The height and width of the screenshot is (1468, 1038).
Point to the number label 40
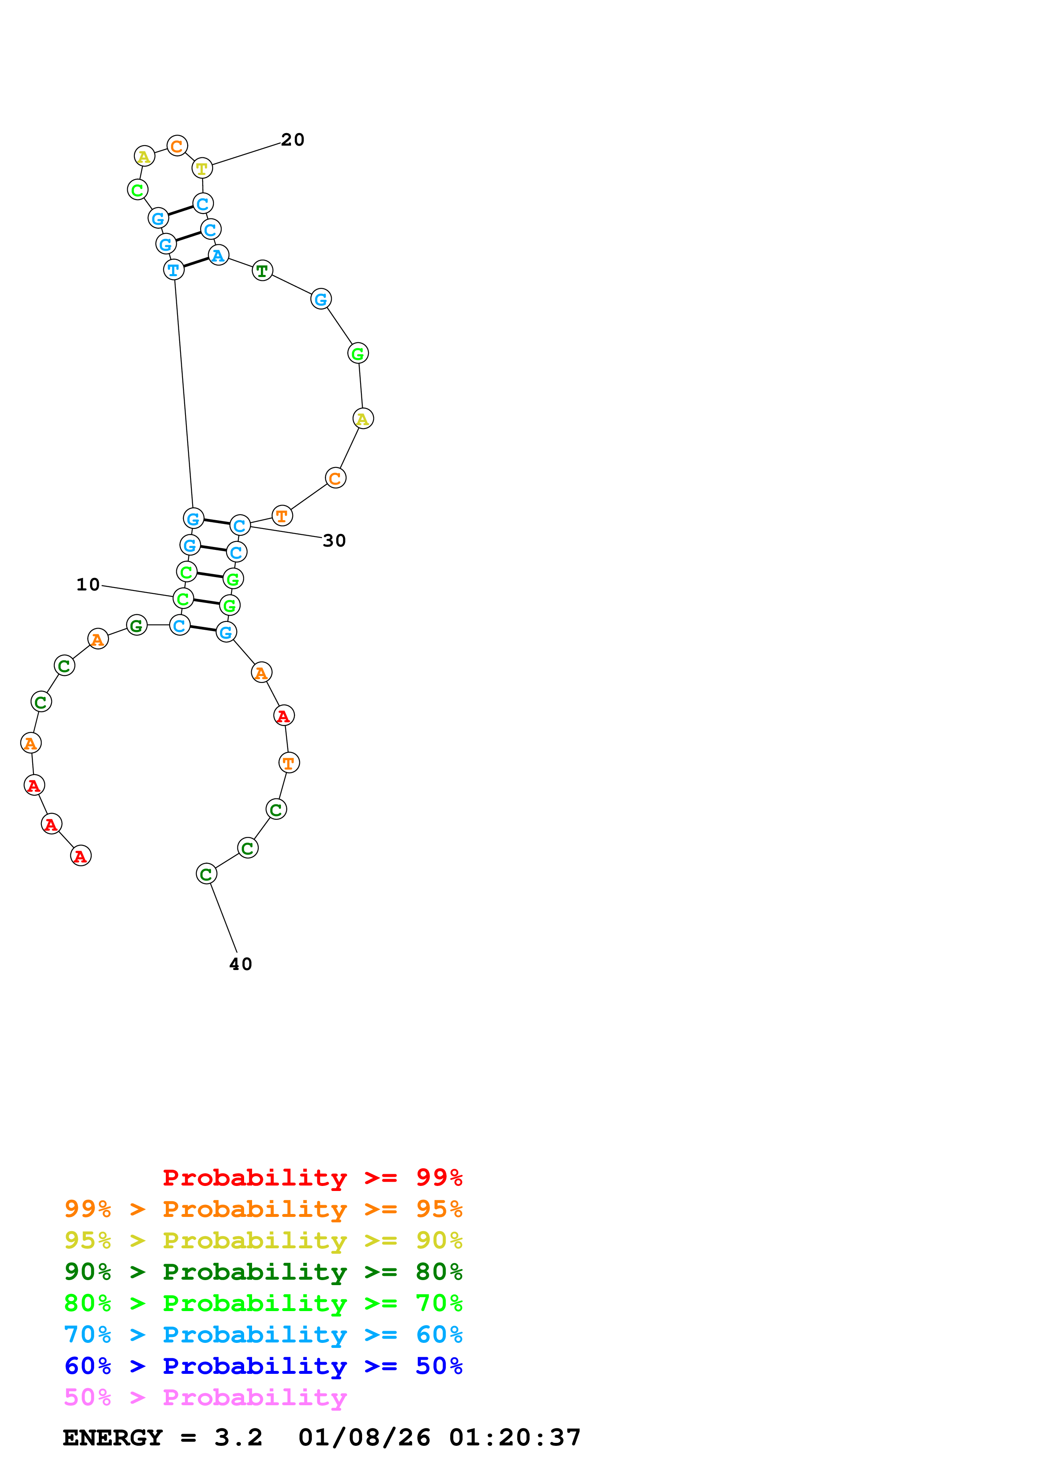(240, 964)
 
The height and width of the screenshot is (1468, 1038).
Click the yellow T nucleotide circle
(202, 168)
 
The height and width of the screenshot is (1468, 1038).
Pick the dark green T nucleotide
(262, 270)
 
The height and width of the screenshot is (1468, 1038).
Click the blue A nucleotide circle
(218, 255)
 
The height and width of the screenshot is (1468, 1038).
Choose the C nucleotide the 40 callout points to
(206, 873)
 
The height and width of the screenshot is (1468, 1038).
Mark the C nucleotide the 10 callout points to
(183, 598)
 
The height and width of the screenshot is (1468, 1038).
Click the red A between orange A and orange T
(284, 716)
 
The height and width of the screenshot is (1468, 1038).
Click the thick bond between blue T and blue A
(196, 262)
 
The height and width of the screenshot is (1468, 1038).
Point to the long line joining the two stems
(183, 393)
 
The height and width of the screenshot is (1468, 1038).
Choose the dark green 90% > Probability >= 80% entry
(263, 1272)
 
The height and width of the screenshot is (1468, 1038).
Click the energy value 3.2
(238, 1438)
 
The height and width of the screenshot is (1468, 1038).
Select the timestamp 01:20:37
(515, 1438)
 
